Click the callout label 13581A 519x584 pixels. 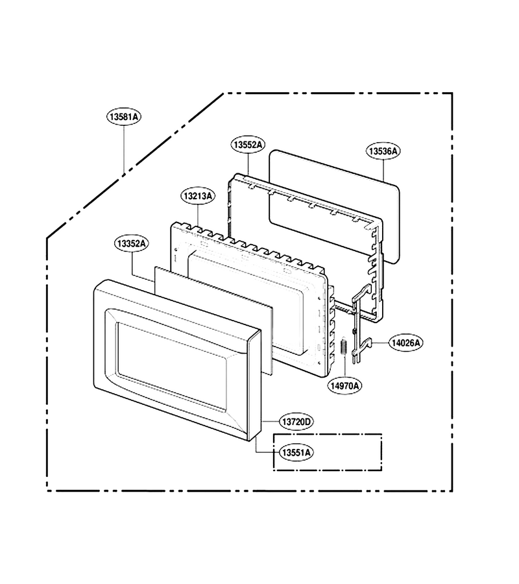(125, 117)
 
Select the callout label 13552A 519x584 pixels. (248, 145)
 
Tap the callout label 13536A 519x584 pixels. (383, 151)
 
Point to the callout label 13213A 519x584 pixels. (198, 196)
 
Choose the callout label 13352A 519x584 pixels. (131, 243)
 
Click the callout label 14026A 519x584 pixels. (406, 343)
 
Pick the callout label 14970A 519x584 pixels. (344, 386)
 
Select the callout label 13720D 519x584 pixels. (296, 422)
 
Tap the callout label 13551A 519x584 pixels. (296, 452)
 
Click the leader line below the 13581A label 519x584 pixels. (125, 150)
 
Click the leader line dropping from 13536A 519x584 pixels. (383, 171)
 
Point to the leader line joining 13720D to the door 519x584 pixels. (271, 422)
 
